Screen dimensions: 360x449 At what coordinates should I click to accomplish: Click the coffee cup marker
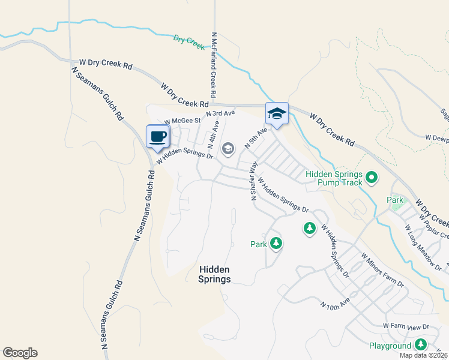point(158,136)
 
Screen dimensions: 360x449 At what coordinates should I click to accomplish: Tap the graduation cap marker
point(277,113)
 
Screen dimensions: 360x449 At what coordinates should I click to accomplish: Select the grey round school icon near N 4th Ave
point(228,148)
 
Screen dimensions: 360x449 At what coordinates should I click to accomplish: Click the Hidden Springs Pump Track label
point(334,178)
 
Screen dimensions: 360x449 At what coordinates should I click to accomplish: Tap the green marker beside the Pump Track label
point(372,177)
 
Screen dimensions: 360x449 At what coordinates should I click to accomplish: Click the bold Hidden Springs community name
point(214,275)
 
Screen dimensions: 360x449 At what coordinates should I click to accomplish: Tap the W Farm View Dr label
point(406,326)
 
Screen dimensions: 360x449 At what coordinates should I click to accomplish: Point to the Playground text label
point(390,346)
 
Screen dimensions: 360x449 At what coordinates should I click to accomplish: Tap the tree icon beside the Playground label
point(421,344)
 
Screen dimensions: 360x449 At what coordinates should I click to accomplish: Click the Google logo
point(20,353)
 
